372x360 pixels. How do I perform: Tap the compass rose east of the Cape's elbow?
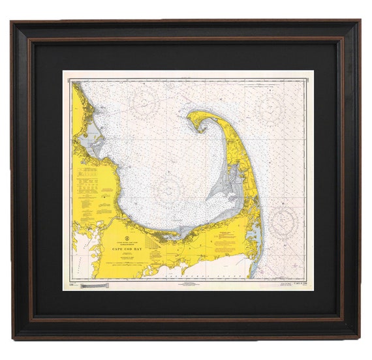coord(285,220)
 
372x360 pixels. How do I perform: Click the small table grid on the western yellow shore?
coord(87,174)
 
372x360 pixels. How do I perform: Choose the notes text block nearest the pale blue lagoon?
coord(228,239)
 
